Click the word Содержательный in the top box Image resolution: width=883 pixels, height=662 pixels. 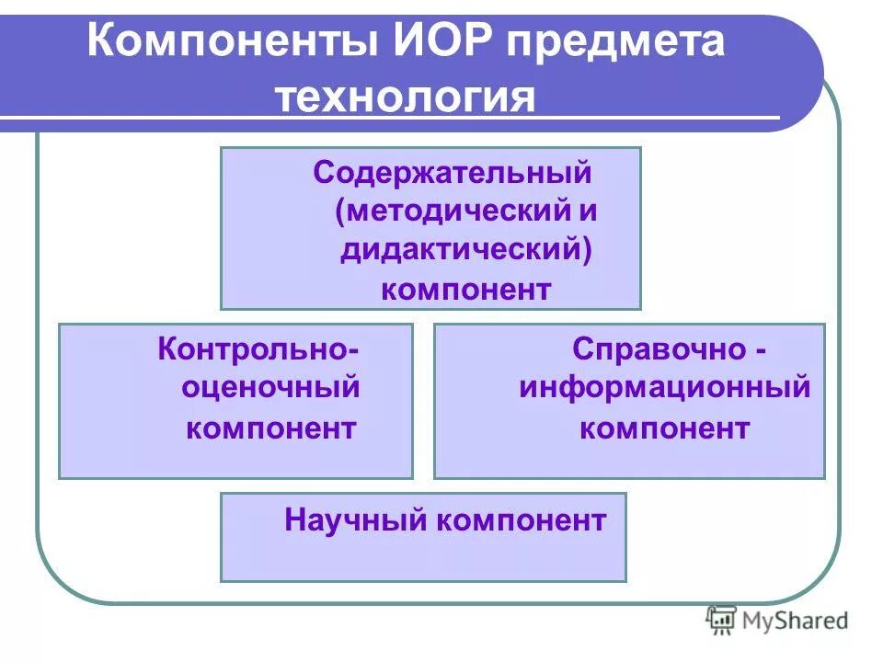pos(452,173)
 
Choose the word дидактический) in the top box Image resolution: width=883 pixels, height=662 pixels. pos(464,250)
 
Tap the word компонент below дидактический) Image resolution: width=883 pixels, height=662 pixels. pos(466,290)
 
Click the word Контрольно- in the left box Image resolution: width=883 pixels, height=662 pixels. pos(258,349)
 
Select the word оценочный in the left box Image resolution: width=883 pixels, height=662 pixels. pos(270,388)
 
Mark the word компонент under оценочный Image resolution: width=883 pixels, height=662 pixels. pos(271,428)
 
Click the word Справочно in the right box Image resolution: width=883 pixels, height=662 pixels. pos(658,349)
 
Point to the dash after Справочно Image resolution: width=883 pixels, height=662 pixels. pos(762,351)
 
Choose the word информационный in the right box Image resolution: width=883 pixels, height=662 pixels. pos(664,388)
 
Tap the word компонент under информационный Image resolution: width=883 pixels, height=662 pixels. pos(664,428)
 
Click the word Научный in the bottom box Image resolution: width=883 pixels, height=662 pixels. pos(356,521)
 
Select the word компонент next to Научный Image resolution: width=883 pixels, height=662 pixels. pos(522,521)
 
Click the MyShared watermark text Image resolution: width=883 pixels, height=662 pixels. pos(795,621)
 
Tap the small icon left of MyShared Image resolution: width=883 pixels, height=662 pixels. pos(720,621)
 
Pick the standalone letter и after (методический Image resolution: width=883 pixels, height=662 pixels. pos(588,211)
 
